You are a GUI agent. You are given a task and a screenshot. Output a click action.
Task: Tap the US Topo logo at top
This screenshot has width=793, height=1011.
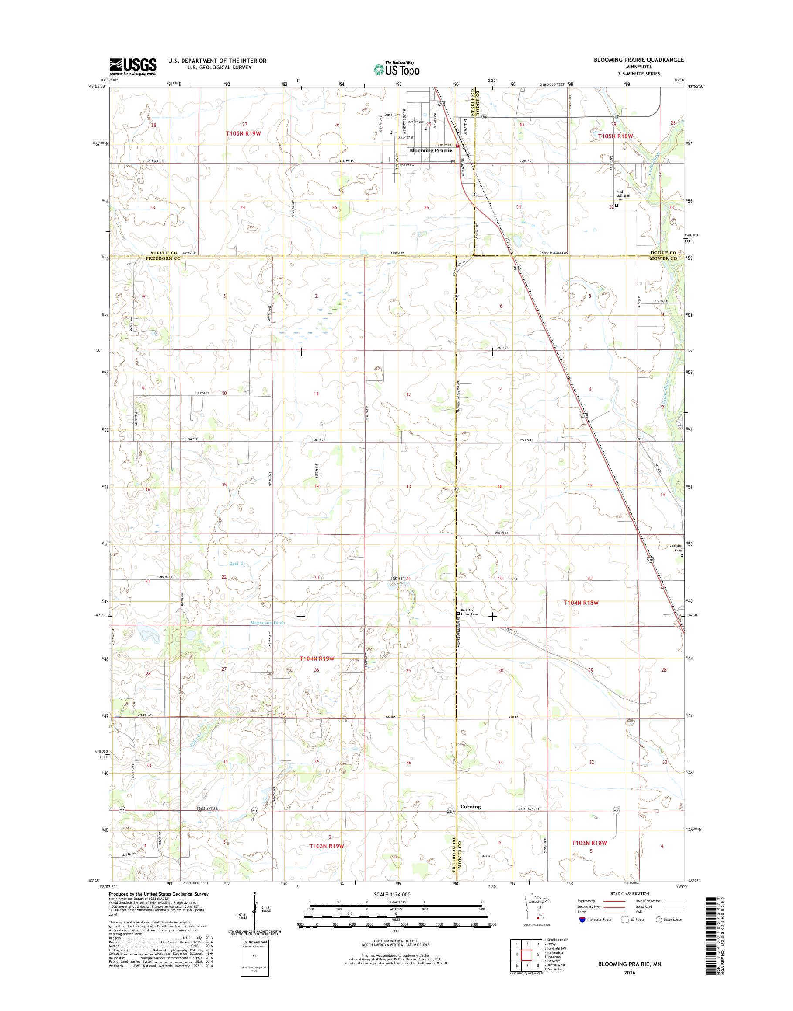click(396, 69)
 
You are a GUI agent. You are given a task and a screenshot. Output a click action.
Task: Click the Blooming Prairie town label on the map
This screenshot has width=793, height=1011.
click(430, 150)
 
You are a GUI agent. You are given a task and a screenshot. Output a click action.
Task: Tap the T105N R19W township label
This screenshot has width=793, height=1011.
click(244, 133)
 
